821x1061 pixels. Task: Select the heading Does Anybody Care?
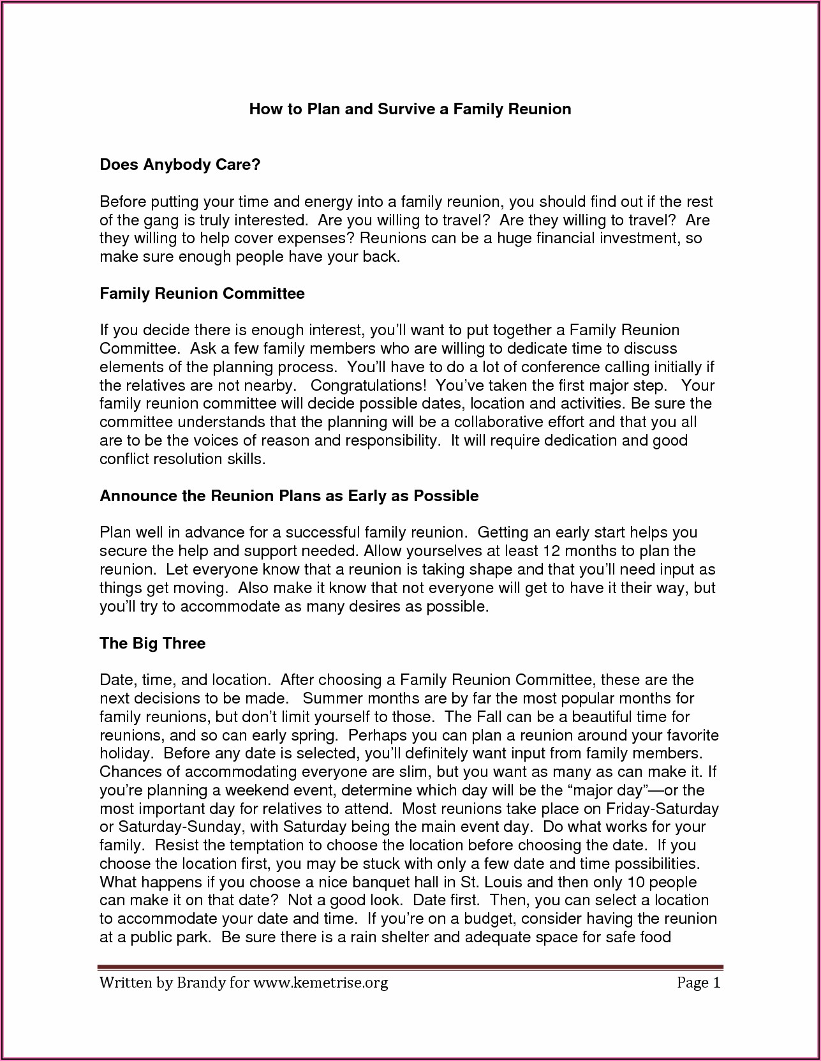click(180, 165)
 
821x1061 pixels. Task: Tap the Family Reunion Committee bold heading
click(202, 294)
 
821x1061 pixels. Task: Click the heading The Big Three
click(152, 643)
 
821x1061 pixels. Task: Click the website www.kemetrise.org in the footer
click(320, 982)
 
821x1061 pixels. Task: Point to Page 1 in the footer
click(698, 982)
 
